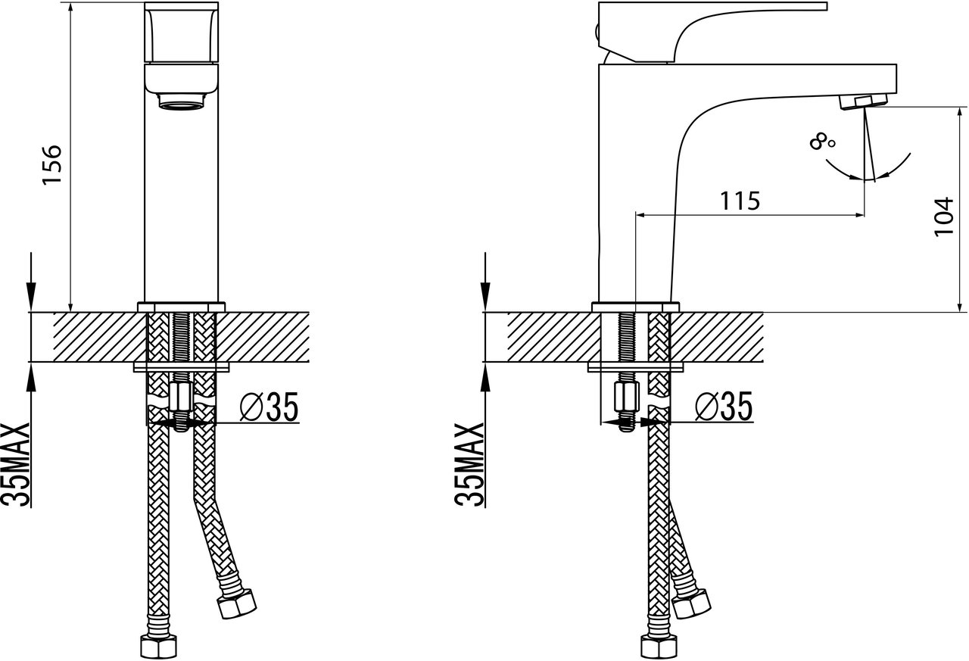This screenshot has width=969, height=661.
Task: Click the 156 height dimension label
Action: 52,165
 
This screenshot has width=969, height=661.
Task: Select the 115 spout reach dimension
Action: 740,201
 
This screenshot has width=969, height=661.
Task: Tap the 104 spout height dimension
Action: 944,217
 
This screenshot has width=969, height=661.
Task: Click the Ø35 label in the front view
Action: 269,407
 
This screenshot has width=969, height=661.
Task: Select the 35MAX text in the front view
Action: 15,463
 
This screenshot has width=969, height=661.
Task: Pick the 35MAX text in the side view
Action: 469,463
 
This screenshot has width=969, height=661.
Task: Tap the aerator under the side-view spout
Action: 863,102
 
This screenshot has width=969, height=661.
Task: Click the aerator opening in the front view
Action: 182,101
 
